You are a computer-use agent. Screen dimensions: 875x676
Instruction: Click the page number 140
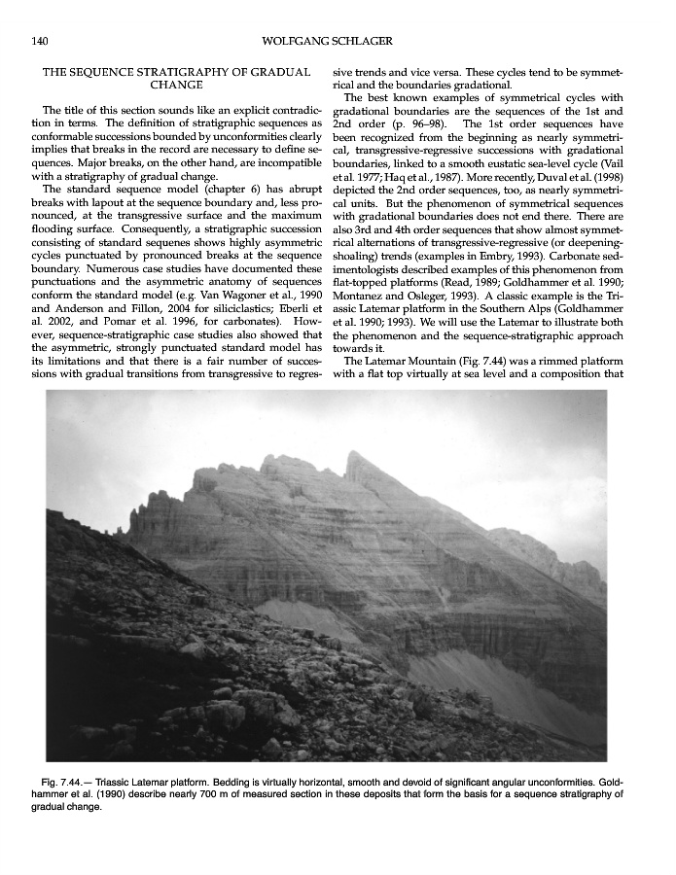40,41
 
